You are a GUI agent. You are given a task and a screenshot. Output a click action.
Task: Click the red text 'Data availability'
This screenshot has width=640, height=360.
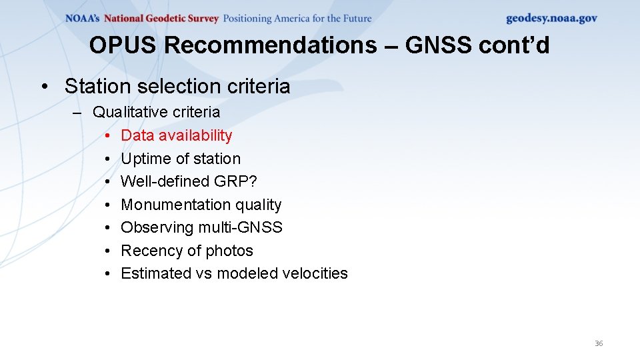coord(176,135)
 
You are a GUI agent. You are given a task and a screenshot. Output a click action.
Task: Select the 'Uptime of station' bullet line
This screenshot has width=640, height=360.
coord(181,159)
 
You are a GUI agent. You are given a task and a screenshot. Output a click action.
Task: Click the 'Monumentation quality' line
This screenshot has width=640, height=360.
coord(201,205)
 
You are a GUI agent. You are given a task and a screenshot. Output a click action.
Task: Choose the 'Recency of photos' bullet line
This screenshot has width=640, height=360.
coord(187,251)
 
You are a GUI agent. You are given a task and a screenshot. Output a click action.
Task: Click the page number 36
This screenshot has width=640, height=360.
coord(598,343)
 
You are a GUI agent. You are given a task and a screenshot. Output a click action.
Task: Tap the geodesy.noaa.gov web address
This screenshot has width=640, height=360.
coord(551,19)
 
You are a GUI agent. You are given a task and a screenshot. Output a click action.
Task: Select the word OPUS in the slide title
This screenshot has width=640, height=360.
coord(124,45)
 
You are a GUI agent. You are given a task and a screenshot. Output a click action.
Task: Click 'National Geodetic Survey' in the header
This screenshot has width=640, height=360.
coord(161,19)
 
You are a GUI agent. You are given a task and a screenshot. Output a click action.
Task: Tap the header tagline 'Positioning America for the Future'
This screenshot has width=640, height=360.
coord(297,19)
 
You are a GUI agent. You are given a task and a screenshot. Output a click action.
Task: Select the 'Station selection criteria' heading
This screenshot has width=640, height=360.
coord(177,86)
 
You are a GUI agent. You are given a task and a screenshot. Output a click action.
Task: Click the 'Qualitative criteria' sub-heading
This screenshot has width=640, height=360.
coord(156,112)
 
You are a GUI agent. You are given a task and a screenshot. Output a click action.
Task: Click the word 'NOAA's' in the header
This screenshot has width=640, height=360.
coord(83,19)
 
